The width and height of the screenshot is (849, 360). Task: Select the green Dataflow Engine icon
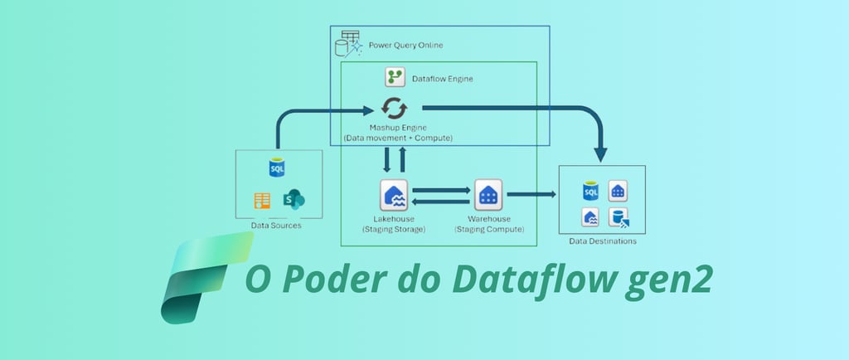tap(395, 78)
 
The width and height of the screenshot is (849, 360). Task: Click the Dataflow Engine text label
tap(442, 79)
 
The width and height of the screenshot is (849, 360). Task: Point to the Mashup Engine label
tap(398, 128)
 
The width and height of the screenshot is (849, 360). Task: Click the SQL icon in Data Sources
tap(277, 168)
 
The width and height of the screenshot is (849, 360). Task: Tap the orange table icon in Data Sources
tap(263, 200)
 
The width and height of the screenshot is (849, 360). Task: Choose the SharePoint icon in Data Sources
tap(294, 200)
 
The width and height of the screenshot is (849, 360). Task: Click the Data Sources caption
tap(276, 225)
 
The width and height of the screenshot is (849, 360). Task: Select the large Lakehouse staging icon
tap(393, 196)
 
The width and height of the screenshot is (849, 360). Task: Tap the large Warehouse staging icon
tap(488, 196)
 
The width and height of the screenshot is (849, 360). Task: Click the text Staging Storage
tap(394, 229)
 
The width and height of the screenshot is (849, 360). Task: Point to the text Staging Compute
tap(489, 229)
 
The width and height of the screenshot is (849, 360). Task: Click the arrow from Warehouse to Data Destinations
tap(531, 194)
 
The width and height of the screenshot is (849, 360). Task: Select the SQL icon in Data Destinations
tap(590, 192)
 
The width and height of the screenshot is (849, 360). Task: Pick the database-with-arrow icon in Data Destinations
tap(618, 217)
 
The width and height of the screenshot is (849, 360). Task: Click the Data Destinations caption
tap(603, 241)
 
